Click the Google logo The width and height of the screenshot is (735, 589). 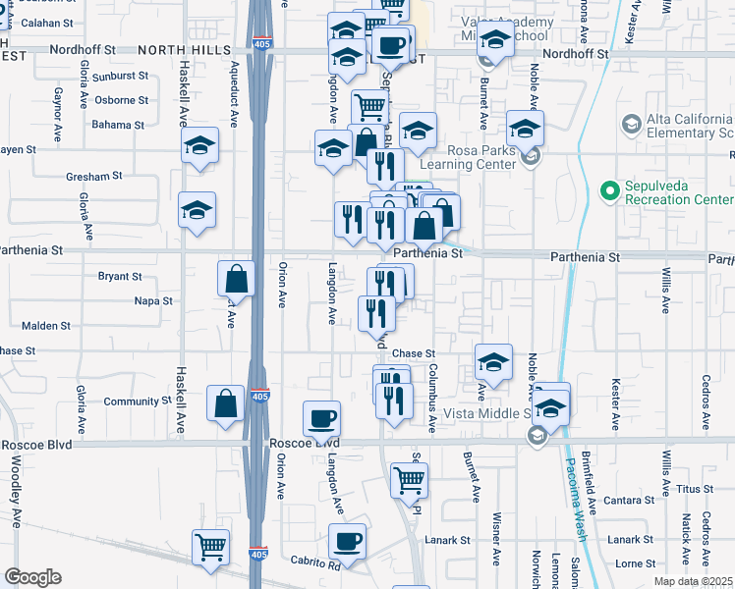pyautogui.click(x=32, y=577)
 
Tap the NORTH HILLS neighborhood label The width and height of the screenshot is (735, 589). pyautogui.click(x=182, y=49)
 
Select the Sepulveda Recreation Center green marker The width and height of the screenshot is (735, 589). pyautogui.click(x=608, y=187)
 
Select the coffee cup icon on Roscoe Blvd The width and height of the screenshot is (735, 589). pyautogui.click(x=321, y=419)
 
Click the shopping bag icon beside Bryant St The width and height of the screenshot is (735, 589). pyautogui.click(x=238, y=279)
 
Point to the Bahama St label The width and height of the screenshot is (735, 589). pyautogui.click(x=118, y=125)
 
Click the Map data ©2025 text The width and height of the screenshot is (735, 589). pyautogui.click(x=693, y=581)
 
